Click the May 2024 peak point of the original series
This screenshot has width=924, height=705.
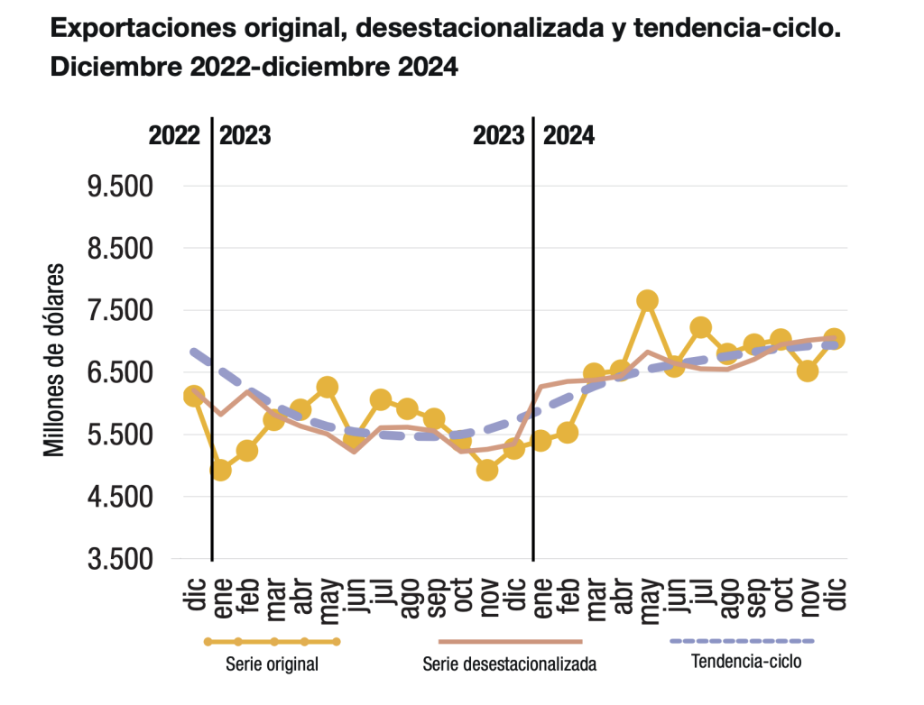click(x=648, y=300)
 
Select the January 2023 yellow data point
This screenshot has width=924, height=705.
click(x=220, y=470)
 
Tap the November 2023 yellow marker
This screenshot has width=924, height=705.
click(x=487, y=470)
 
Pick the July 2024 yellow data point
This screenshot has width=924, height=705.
click(x=700, y=327)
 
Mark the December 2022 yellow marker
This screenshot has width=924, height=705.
click(x=194, y=396)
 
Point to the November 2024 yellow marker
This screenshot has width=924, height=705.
click(x=808, y=371)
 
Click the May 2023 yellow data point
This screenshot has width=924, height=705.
click(x=327, y=388)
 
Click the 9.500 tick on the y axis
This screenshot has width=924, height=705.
click(x=120, y=187)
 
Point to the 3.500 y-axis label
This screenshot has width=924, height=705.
click(x=120, y=559)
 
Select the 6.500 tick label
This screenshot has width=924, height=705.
click(x=120, y=373)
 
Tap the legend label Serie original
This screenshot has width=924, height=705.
click(x=272, y=664)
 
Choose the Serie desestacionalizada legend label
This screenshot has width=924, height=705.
click(x=510, y=664)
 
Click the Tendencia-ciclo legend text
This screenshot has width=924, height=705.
click(x=746, y=662)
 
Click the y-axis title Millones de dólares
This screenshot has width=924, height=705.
click(x=53, y=360)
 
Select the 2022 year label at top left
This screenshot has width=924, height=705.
click(x=174, y=136)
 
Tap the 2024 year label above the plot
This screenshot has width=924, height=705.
click(x=568, y=136)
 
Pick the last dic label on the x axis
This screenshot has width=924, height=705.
click(x=836, y=594)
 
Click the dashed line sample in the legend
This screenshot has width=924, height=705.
click(x=743, y=641)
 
